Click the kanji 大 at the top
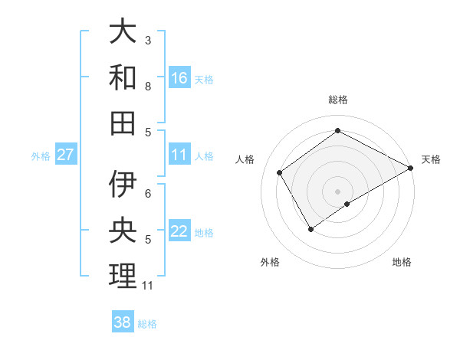coord(123,32)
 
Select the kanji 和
coord(123,78)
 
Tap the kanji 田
coord(123,123)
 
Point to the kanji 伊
coord(123,184)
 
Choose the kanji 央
coord(123,230)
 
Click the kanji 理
coord(123,276)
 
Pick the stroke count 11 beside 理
coord(148,286)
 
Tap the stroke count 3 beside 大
coord(148,40)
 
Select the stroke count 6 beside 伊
coord(148,193)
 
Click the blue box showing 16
coord(179,78)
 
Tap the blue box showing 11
coord(179,155)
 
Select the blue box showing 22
coord(179,231)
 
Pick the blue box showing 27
coord(66,155)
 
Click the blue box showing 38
coord(123,322)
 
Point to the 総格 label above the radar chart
coord(338,100)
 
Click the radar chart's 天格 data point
coord(411,168)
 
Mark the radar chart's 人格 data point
coord(280,172)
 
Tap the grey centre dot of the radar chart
coord(337,191)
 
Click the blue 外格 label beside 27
coord(41,156)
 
